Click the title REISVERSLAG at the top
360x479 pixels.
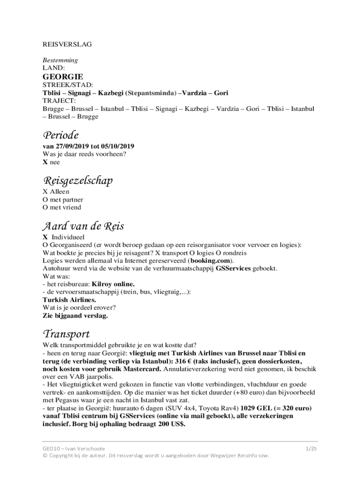coord(67,44)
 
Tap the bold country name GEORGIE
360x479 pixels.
coord(63,76)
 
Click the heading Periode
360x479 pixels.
coord(60,136)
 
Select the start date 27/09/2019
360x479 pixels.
coord(68,146)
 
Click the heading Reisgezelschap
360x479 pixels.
coord(78,181)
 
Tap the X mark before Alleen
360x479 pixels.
coord(45,192)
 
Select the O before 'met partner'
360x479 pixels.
coord(45,200)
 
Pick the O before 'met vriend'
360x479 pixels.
coord(45,207)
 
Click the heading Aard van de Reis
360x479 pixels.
coord(83,226)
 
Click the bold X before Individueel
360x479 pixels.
coord(45,237)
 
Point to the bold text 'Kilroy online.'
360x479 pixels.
coord(113,284)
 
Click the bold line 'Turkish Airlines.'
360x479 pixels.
coord(70,300)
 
